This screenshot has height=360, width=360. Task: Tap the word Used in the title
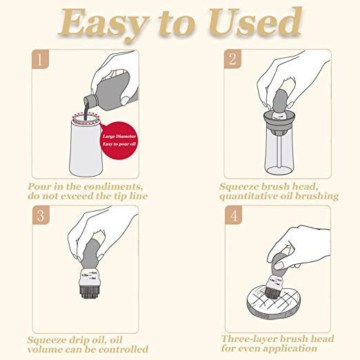255,22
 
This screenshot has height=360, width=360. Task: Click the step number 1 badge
40,59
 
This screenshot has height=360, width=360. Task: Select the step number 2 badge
232,59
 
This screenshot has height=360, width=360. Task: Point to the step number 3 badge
41,215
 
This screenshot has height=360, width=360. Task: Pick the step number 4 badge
234,215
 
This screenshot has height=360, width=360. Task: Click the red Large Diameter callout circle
119,140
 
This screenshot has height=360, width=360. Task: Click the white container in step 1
86,147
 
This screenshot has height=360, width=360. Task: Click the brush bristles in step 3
90,292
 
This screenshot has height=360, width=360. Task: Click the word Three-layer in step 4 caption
250,339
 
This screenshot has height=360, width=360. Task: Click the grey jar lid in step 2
279,121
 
